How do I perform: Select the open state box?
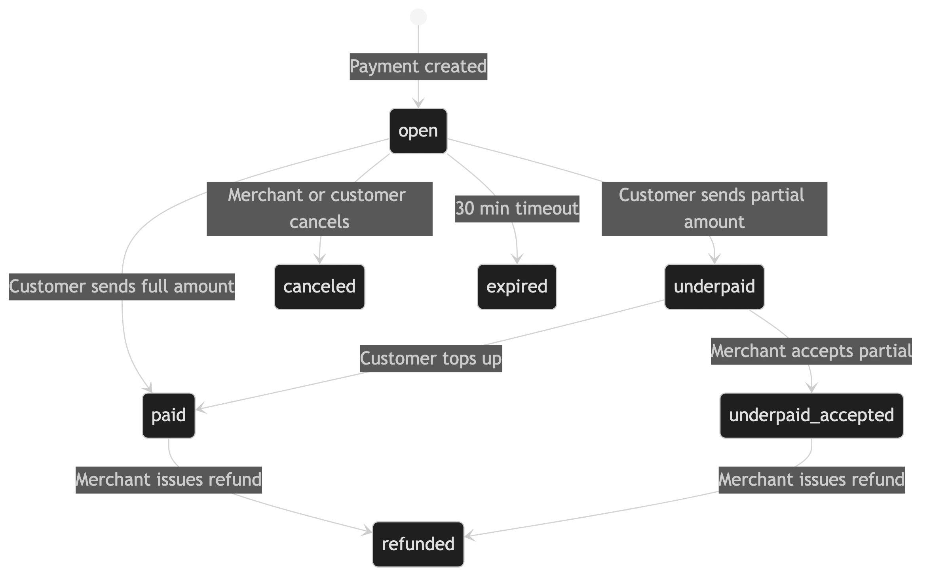(418, 131)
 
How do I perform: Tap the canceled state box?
(319, 287)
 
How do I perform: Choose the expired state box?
(517, 287)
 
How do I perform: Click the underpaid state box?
(714, 287)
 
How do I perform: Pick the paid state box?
(169, 415)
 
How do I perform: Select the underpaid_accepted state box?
(811, 415)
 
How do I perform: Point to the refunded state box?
(418, 544)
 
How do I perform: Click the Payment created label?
(418, 66)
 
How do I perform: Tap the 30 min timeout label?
(516, 209)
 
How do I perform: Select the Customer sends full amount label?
(122, 287)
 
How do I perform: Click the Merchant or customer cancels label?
(319, 209)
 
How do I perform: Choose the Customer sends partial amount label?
(714, 209)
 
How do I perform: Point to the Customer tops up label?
(431, 359)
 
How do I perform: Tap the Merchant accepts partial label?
(811, 351)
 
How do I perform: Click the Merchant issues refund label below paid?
(168, 480)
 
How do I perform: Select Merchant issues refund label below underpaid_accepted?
(811, 480)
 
